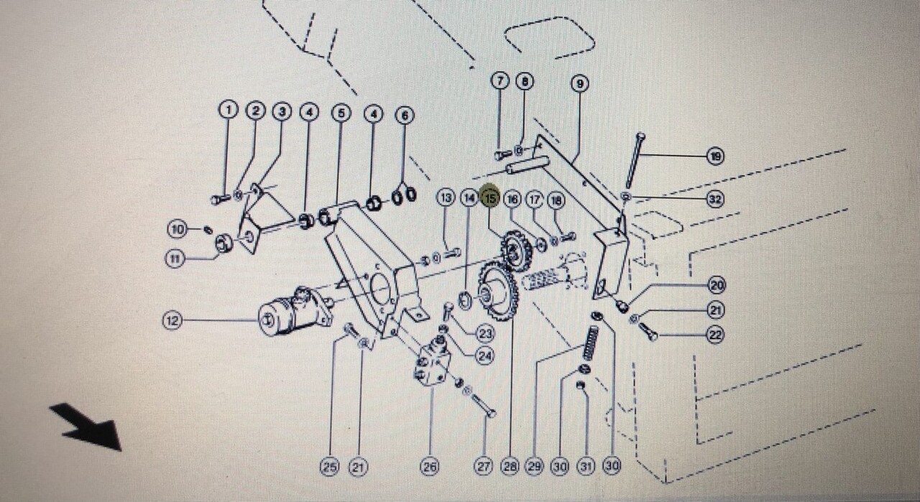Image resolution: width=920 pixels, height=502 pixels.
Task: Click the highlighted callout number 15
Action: [x=491, y=197]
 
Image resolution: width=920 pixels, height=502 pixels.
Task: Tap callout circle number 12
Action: [x=172, y=321]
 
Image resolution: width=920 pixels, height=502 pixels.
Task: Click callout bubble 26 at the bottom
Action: [x=429, y=467]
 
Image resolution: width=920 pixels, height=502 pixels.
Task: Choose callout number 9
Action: [x=580, y=83]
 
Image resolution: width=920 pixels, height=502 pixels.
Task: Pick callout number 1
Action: [x=229, y=110]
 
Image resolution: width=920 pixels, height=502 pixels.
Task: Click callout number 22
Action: [x=714, y=335]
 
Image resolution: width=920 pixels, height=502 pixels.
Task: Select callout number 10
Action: [x=177, y=230]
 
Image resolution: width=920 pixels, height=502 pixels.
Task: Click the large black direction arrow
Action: [x=86, y=426]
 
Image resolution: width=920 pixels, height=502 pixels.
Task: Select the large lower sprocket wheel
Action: [x=497, y=291]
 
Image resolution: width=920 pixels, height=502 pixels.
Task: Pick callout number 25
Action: [x=329, y=467]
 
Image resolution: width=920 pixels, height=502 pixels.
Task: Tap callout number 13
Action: [x=446, y=197]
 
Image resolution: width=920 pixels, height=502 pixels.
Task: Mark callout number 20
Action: [x=716, y=285]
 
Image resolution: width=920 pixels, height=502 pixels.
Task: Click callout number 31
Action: [x=586, y=467]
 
